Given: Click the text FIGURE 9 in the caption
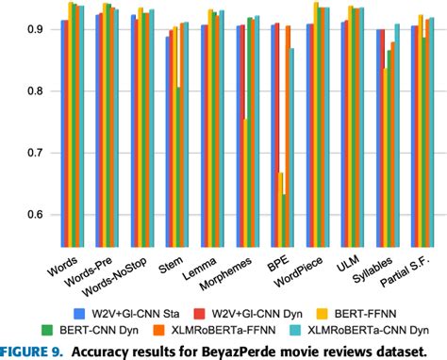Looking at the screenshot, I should click(x=33, y=351).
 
